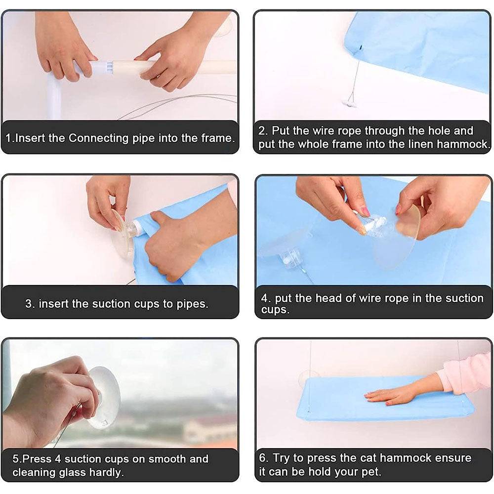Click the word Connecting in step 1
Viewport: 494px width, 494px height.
[x=99, y=138]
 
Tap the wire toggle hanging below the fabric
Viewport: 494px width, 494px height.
[x=349, y=103]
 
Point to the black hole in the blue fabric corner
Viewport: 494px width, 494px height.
[x=360, y=48]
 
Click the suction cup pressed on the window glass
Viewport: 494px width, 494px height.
[x=103, y=398]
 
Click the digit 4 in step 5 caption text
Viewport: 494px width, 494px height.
[x=58, y=459]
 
